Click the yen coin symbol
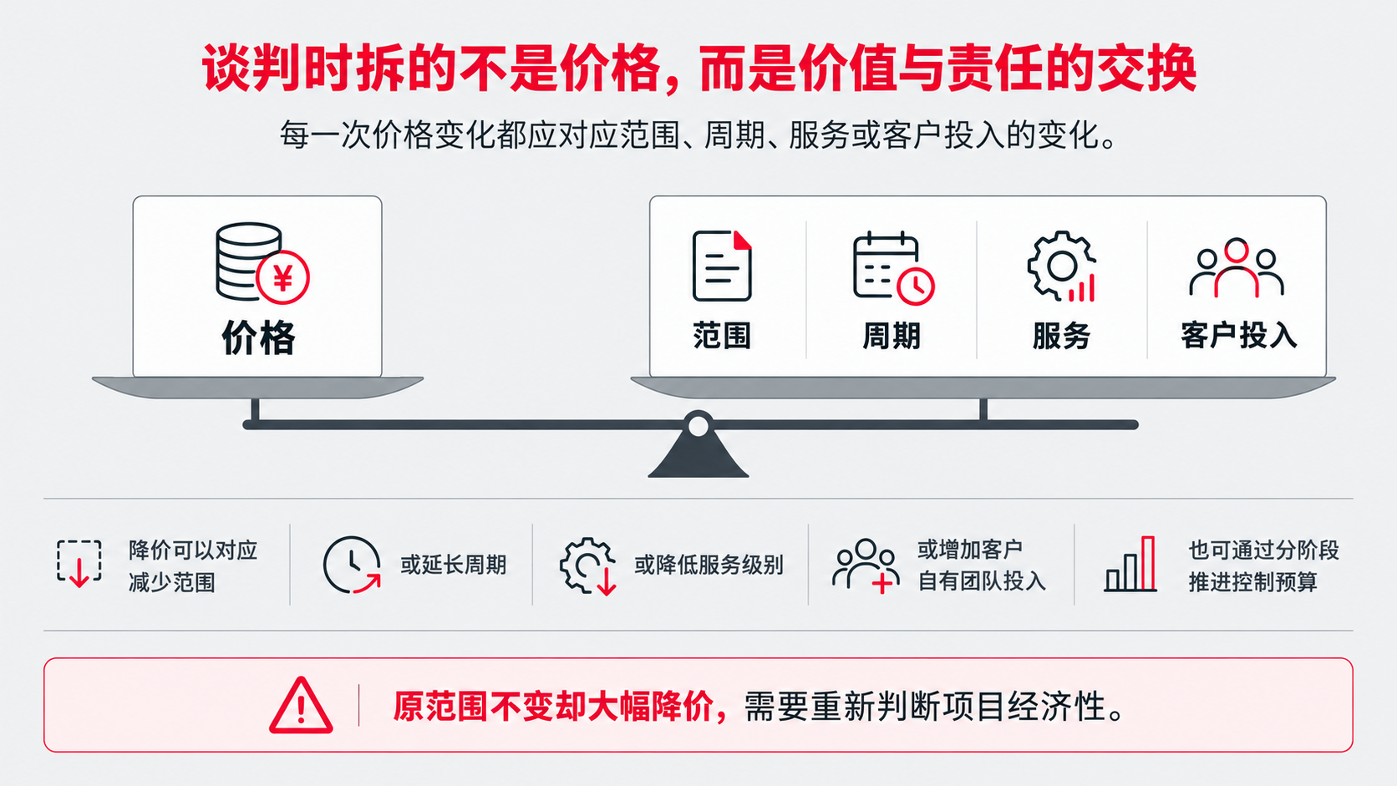click(282, 277)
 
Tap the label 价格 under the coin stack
click(258, 337)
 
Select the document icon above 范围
click(722, 266)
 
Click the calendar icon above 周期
click(893, 268)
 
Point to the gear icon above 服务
click(1061, 266)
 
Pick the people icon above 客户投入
click(1236, 268)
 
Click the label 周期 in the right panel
click(892, 336)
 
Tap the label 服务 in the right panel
click(1061, 336)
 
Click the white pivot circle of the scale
click(698, 426)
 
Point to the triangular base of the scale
click(698, 459)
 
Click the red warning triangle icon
click(301, 705)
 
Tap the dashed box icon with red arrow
click(79, 564)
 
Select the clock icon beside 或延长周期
click(352, 565)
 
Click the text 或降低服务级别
click(709, 565)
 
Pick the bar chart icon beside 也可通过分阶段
click(1130, 564)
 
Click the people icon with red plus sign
click(866, 565)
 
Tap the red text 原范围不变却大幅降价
click(553, 707)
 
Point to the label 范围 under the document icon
click(722, 336)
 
